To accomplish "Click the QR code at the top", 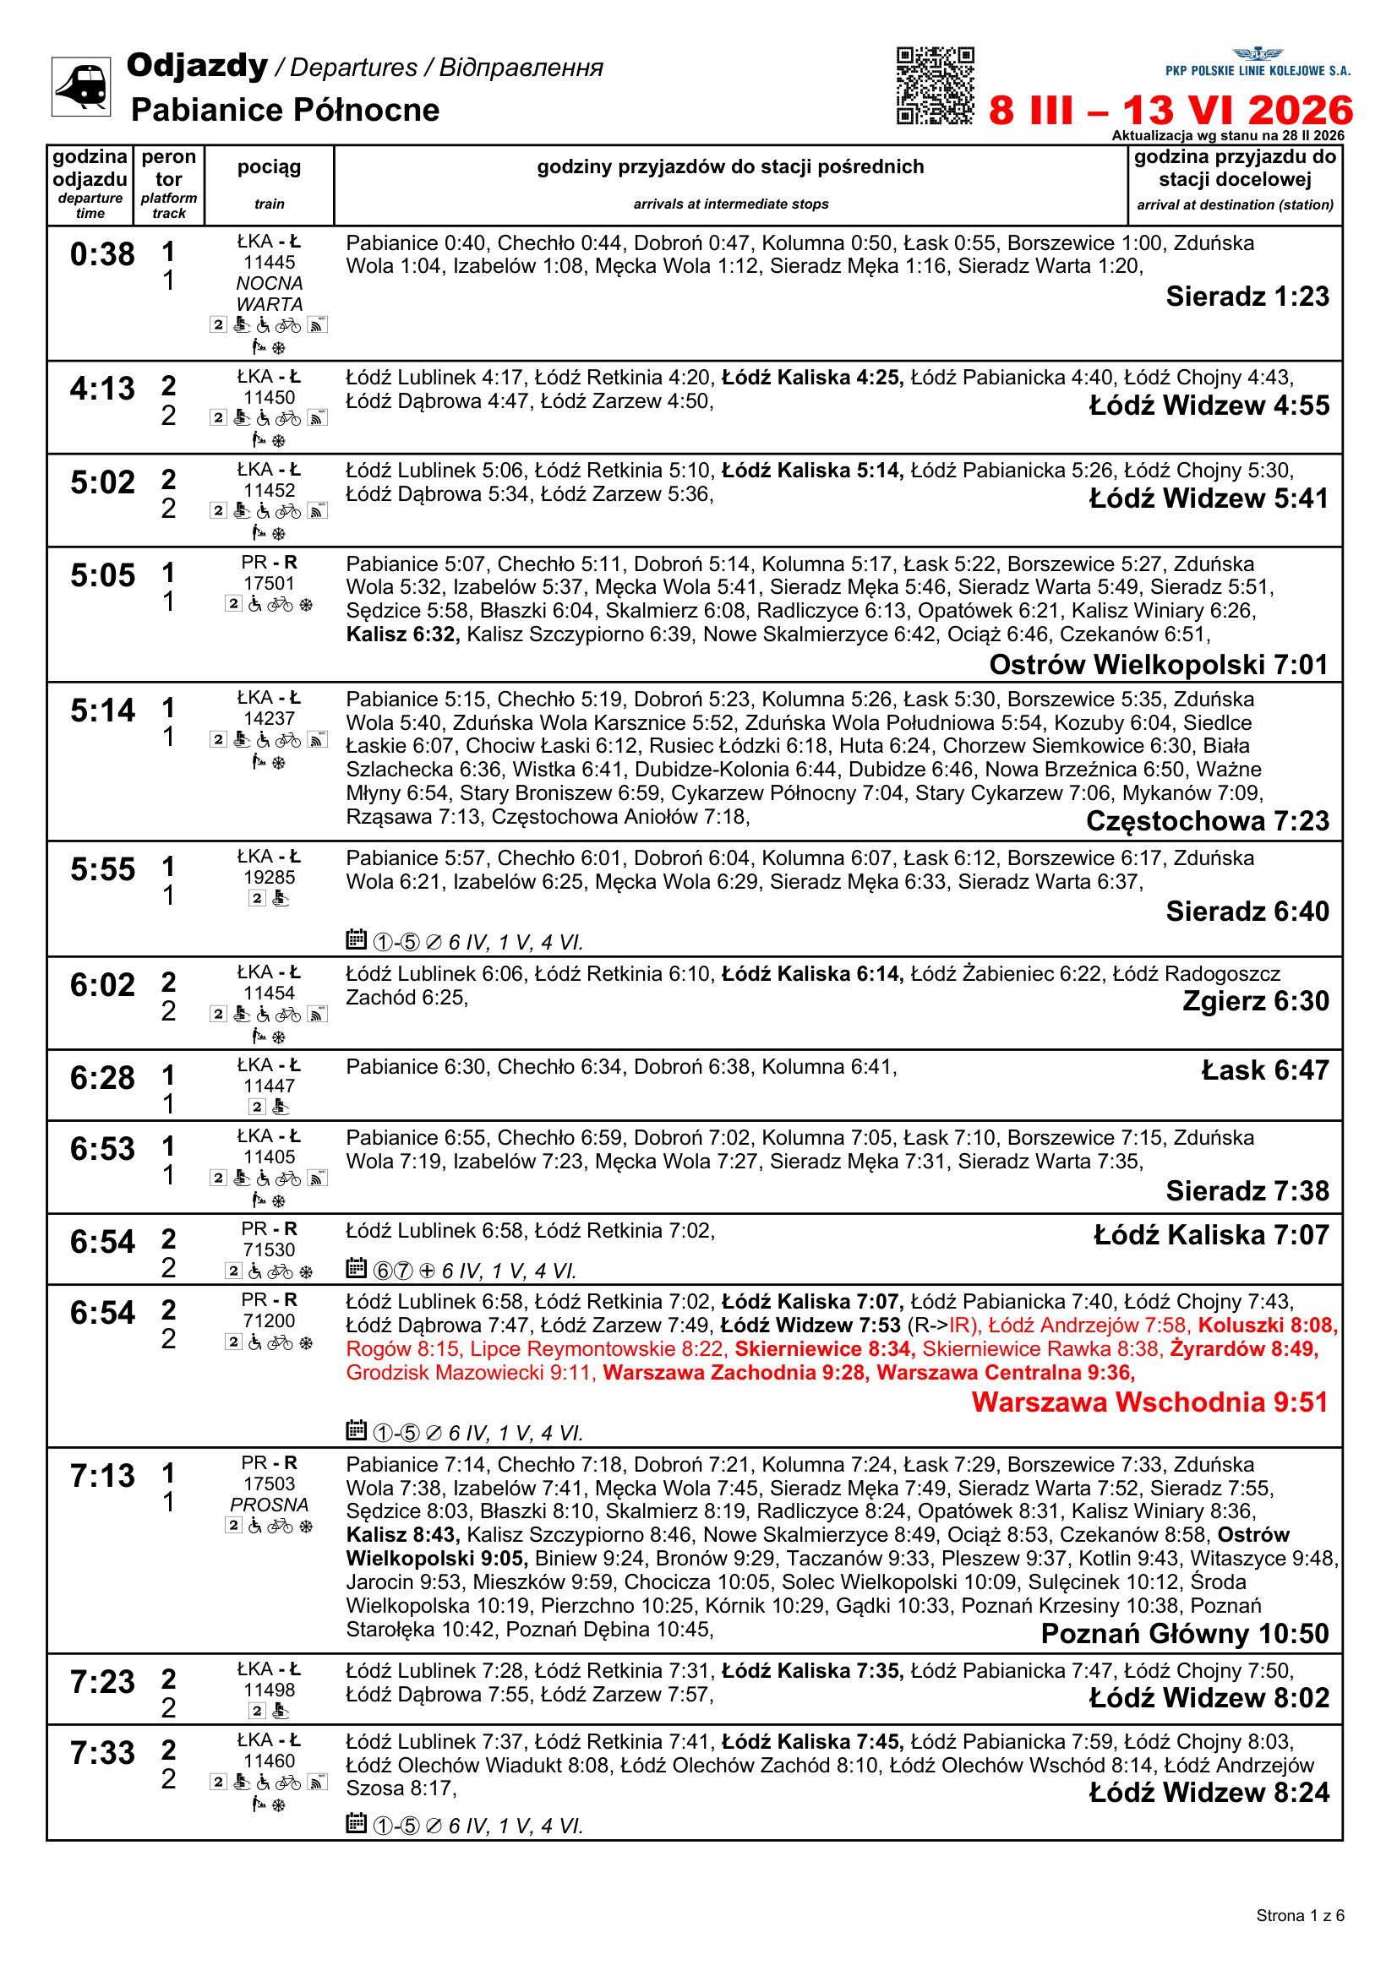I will tap(935, 85).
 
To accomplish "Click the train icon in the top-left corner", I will tap(81, 86).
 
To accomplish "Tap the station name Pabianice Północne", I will tap(285, 110).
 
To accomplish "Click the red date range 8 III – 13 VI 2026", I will tap(1171, 110).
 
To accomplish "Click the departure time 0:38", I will tap(102, 255).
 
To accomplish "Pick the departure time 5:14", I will tap(102, 710).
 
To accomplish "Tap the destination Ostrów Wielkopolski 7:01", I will tap(1159, 664).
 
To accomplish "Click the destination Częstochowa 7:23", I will tap(1208, 821).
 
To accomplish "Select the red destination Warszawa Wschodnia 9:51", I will tap(1150, 1402).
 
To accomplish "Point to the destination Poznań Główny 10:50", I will tap(1185, 1634).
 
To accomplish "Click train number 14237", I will tap(270, 719).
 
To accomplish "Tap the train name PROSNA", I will tap(270, 1505).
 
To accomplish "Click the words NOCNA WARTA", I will tap(270, 294).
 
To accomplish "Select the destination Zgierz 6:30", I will tap(1256, 1001).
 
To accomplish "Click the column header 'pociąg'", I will tap(270, 167).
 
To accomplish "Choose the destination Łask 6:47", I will tap(1265, 1070).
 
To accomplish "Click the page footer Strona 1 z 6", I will tap(1300, 1916).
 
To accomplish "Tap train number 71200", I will tap(270, 1321).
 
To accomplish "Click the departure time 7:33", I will tap(102, 1753).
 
